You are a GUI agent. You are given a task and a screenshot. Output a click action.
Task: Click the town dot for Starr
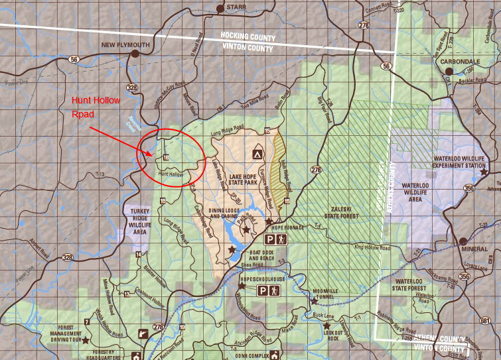[x=220, y=9]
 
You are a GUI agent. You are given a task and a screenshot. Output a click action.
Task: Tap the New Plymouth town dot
[x=135, y=54]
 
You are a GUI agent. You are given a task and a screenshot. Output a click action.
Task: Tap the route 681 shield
[x=484, y=321]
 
